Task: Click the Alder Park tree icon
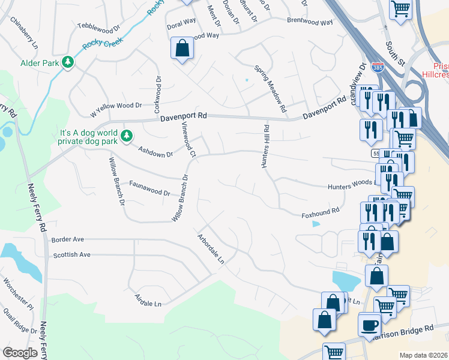point(68,62)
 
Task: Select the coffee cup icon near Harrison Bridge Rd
point(370,324)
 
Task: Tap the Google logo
point(20,353)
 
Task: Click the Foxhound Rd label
point(321,211)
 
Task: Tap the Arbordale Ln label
point(211,249)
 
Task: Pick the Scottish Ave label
point(71,255)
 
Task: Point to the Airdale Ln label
point(148,304)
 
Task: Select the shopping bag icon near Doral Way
point(182,48)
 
